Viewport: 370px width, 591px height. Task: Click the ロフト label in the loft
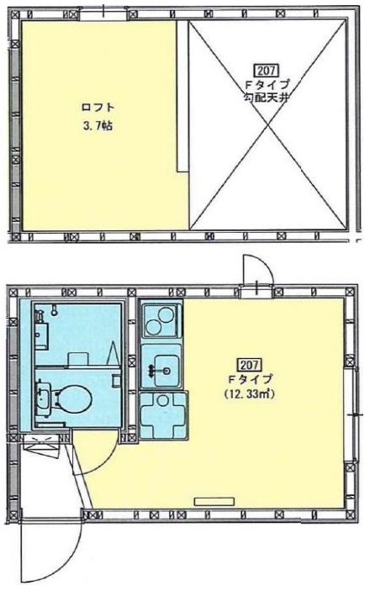(98, 108)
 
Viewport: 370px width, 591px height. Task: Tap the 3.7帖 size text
(98, 126)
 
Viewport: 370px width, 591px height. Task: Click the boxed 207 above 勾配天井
(267, 71)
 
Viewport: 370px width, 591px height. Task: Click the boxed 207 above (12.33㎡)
(249, 365)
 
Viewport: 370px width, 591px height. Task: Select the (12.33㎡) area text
(249, 394)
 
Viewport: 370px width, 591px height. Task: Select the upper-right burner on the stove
(166, 314)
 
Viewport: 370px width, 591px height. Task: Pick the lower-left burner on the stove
(154, 327)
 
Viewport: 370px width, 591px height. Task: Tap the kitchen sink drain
(166, 371)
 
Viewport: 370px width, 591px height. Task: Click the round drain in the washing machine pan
(162, 401)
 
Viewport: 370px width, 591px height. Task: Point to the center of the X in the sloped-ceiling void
(267, 124)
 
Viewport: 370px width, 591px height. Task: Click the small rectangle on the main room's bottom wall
(214, 501)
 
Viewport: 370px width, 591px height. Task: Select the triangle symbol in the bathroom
(114, 353)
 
